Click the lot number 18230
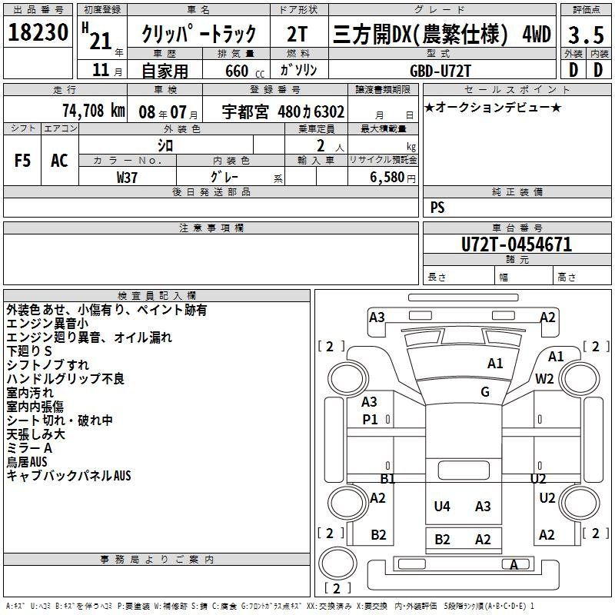pyautogui.click(x=38, y=32)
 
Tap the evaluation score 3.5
pyautogui.click(x=586, y=35)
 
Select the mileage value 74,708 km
pyautogui.click(x=94, y=111)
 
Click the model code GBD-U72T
pyautogui.click(x=440, y=71)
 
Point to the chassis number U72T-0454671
pyautogui.click(x=517, y=244)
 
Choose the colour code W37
pyautogui.click(x=127, y=178)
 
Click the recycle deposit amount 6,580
pyautogui.click(x=387, y=178)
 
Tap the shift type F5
pyautogui.click(x=22, y=161)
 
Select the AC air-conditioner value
pyautogui.click(x=59, y=161)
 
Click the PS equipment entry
pyautogui.click(x=437, y=208)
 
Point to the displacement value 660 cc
pyautogui.click(x=244, y=71)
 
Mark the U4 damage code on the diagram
pyautogui.click(x=442, y=507)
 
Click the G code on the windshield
pyautogui.click(x=485, y=392)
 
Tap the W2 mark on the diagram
pyautogui.click(x=544, y=379)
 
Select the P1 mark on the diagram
pyautogui.click(x=370, y=420)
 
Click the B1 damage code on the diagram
pyautogui.click(x=387, y=478)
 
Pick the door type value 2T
pyautogui.click(x=297, y=34)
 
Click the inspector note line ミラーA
pyautogui.click(x=29, y=448)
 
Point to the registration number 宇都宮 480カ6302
pyautogui.click(x=283, y=111)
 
